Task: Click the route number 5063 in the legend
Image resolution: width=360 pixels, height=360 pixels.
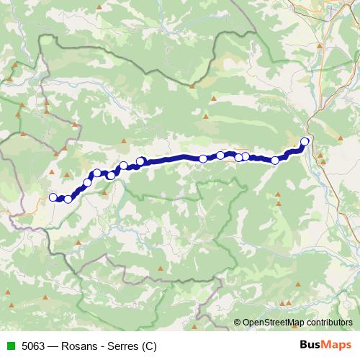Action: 32,345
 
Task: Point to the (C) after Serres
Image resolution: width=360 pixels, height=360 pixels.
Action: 148,345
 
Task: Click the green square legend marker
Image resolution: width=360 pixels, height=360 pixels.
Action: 9,345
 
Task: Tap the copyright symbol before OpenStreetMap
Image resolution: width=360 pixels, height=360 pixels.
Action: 238,322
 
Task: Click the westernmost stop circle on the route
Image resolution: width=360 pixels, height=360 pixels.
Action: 53,197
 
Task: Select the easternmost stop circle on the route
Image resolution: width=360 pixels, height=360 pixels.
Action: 305,142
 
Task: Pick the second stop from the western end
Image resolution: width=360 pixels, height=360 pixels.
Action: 68,199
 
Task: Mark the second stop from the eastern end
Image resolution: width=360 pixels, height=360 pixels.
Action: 275,161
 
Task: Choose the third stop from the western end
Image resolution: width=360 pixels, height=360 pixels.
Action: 88,182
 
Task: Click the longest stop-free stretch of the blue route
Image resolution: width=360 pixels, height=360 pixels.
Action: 173,158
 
